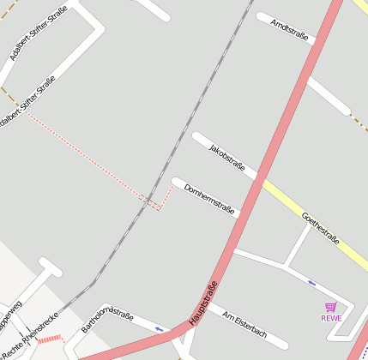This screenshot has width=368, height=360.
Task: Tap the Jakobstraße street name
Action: coord(226,157)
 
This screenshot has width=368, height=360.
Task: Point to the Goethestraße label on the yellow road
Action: coord(322,231)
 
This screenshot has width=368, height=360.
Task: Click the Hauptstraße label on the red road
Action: coord(203,303)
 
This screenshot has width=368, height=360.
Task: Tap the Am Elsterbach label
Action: coord(244,327)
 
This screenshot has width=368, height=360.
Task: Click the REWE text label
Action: coord(331,318)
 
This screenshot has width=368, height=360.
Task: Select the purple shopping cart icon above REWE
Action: coord(331,307)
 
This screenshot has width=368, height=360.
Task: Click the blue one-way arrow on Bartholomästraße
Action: coord(160,328)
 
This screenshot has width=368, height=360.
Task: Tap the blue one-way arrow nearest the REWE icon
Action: coord(311,283)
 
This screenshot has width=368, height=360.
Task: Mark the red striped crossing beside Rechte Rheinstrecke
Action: coord(51,340)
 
